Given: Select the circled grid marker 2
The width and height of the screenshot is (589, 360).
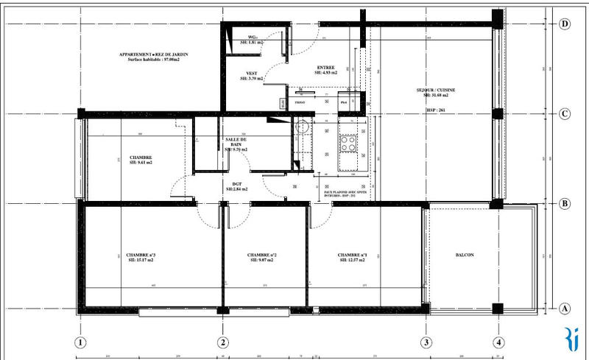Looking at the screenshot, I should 222,342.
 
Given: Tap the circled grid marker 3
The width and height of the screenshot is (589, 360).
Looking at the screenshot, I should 426,342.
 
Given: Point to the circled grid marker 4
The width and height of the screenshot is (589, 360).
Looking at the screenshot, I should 499,342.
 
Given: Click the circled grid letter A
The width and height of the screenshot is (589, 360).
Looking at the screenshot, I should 565,308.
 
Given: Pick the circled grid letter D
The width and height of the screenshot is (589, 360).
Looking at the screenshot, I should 565,24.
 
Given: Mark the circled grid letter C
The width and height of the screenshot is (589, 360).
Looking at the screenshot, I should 565,114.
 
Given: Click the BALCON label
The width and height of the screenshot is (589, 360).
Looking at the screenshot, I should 465,255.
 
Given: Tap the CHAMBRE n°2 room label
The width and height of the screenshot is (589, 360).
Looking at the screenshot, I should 263,255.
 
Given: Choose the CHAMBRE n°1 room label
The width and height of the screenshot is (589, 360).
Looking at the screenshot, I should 348,255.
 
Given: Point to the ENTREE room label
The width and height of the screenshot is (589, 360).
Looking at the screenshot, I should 325,68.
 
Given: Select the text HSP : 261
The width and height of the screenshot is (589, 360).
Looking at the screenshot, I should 436,110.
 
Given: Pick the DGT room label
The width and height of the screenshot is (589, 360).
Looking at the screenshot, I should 236,184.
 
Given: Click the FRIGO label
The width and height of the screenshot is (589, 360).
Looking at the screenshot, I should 300,104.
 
